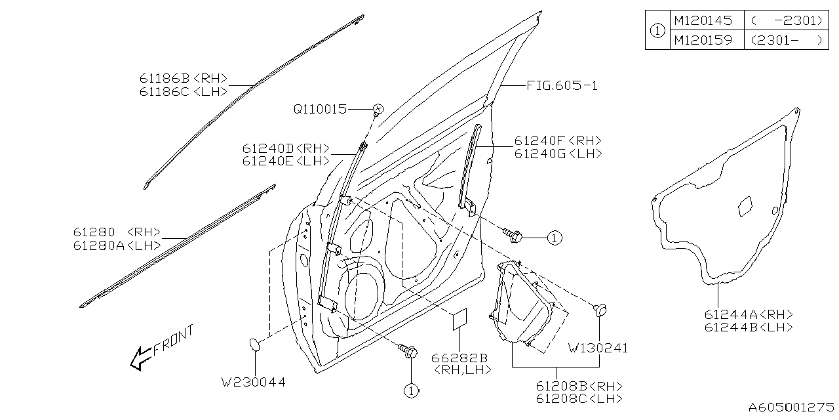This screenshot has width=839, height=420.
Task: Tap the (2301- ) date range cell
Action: click(784, 40)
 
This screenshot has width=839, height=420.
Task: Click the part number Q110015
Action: click(320, 109)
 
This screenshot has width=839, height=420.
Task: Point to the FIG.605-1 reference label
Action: click(562, 86)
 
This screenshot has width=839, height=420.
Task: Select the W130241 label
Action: click(598, 348)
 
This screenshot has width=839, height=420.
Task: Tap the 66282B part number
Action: click(459, 358)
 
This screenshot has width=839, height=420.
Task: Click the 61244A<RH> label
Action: click(748, 314)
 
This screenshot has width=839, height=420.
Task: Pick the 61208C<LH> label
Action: click(579, 398)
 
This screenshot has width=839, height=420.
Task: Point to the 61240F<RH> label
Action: click(557, 141)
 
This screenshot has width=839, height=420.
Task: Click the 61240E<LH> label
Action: click(285, 161)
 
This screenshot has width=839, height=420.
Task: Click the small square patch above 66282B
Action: click(458, 320)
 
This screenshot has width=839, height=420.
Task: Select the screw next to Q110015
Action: click(378, 108)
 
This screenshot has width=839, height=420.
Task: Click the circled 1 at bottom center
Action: click(410, 390)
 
